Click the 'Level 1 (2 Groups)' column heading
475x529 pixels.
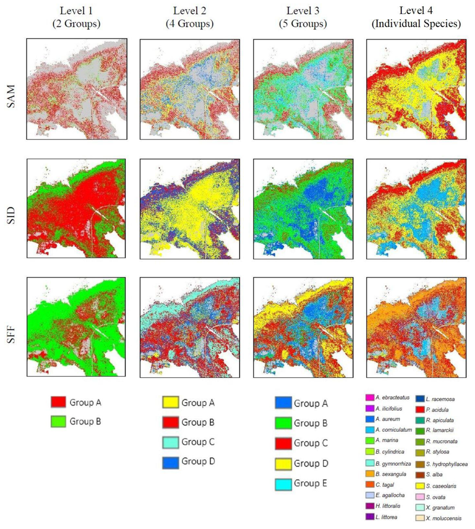pyautogui.click(x=76, y=17)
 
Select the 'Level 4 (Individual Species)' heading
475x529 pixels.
pyautogui.click(x=416, y=17)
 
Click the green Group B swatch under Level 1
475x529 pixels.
pyautogui.click(x=58, y=421)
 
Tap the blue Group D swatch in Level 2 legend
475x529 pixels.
pyautogui.click(x=170, y=462)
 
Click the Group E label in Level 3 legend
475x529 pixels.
pyautogui.click(x=311, y=483)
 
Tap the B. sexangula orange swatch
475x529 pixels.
pyautogui.click(x=370, y=474)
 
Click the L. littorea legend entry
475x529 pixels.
pyautogui.click(x=387, y=517)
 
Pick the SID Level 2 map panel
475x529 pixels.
pyautogui.click(x=190, y=209)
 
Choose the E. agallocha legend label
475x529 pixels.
pyautogui.click(x=390, y=495)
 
